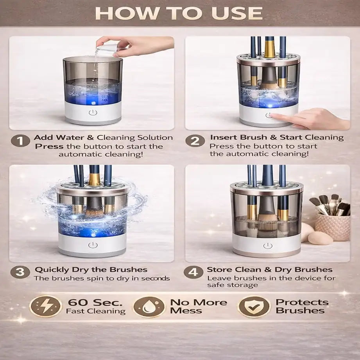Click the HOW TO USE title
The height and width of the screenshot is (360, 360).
tap(179, 13)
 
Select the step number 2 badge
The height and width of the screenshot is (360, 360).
tap(195, 140)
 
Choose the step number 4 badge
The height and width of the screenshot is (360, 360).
tap(193, 272)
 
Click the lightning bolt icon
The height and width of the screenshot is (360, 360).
tap(46, 306)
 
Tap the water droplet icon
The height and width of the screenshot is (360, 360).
tap(149, 306)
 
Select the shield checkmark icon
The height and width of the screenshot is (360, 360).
tap(254, 306)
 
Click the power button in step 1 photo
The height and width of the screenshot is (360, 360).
tap(92, 113)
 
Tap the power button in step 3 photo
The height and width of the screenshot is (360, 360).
tap(92, 245)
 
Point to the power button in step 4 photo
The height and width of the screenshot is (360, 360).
tap(267, 245)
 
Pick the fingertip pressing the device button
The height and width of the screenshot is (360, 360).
tap(275, 115)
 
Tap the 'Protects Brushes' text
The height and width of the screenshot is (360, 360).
tap(301, 306)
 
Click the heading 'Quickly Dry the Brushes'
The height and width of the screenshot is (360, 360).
tap(91, 270)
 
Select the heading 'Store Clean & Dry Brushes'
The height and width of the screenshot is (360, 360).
tap(269, 270)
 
